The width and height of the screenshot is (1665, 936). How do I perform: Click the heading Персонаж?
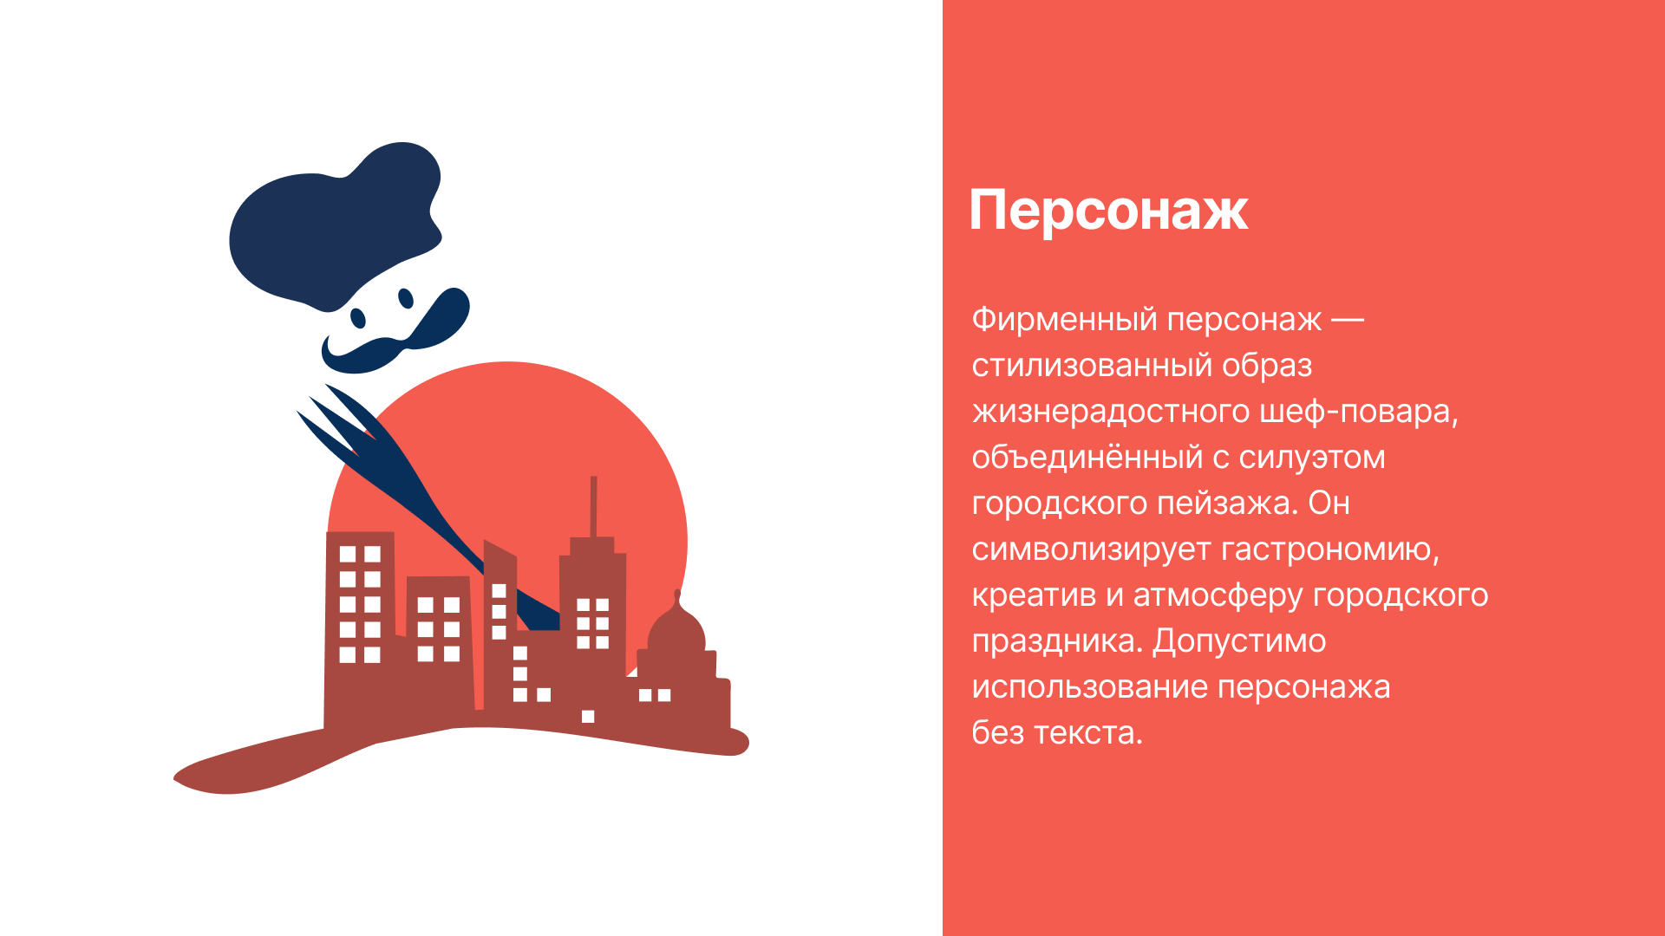point(1108,211)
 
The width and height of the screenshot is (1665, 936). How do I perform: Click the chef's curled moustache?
point(399,334)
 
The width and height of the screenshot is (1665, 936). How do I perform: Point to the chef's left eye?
point(356,317)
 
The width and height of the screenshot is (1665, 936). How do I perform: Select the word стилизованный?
point(1092,366)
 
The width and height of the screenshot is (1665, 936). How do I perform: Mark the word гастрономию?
point(1330,549)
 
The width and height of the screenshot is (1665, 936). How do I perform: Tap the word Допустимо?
point(1239,641)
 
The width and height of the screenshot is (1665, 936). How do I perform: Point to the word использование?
point(1088,687)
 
